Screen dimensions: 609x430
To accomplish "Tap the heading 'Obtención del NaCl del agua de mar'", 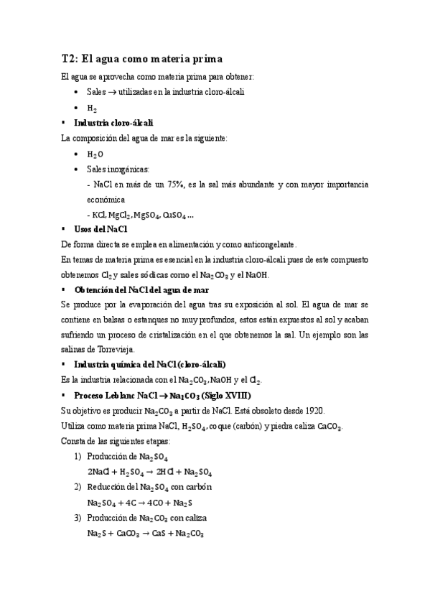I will tap(141, 289).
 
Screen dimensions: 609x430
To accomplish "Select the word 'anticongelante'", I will tap(271, 244).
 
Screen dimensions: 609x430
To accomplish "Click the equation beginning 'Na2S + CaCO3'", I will tap(146, 534).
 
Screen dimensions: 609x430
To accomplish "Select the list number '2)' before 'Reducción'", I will tap(78, 487).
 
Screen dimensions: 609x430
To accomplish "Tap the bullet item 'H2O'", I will tap(95, 154).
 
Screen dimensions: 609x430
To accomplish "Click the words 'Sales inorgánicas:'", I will tap(118, 169).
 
